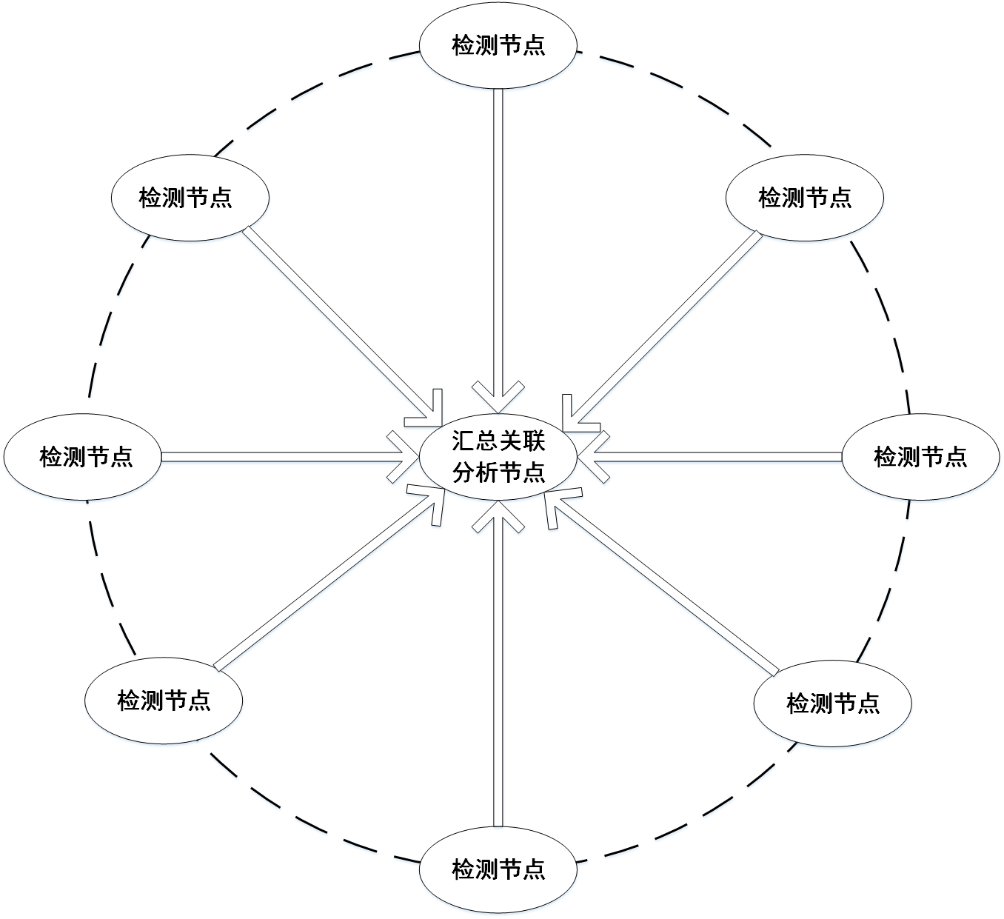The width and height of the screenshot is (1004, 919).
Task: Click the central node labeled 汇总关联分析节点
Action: click(x=498, y=457)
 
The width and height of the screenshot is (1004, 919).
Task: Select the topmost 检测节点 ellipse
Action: click(x=498, y=46)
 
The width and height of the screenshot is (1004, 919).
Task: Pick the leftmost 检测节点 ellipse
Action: click(x=83, y=457)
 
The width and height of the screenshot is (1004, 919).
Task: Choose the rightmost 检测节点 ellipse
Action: click(x=921, y=457)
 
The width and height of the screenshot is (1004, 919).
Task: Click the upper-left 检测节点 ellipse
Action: click(x=190, y=198)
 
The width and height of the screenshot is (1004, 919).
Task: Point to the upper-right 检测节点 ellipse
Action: click(x=805, y=198)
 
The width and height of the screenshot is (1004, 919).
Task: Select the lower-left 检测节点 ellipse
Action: click(x=164, y=701)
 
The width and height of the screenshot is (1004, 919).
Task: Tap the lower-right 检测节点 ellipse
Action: click(x=833, y=704)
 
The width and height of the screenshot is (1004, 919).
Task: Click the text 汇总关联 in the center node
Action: click(x=498, y=441)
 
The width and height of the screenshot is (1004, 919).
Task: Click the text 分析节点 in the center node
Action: click(x=498, y=472)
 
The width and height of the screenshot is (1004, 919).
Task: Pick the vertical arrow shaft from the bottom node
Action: click(x=498, y=671)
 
